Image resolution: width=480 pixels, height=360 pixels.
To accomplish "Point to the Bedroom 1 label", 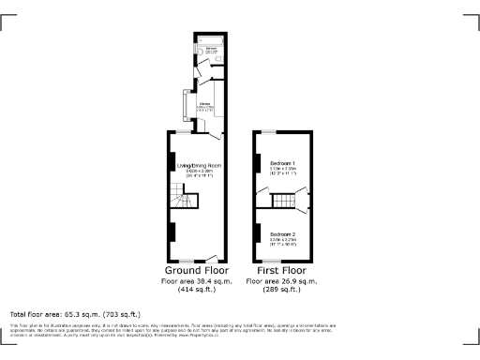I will (x=282, y=163).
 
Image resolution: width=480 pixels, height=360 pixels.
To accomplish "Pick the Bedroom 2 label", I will (x=282, y=233).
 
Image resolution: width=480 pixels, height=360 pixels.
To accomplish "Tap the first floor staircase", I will (x=282, y=200).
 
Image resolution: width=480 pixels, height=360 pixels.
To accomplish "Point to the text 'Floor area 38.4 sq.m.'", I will (x=197, y=281).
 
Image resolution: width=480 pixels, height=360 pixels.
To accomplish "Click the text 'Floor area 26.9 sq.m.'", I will (x=282, y=281).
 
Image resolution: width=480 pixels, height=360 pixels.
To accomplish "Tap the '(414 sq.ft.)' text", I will (x=197, y=290).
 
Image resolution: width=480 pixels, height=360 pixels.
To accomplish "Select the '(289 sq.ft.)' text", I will (x=282, y=290).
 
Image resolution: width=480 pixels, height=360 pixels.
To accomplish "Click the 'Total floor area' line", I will (x=75, y=314).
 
